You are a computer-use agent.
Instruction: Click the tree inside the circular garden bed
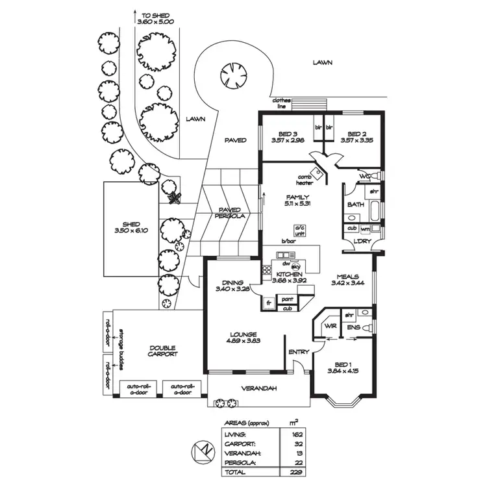click(x=231, y=71)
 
